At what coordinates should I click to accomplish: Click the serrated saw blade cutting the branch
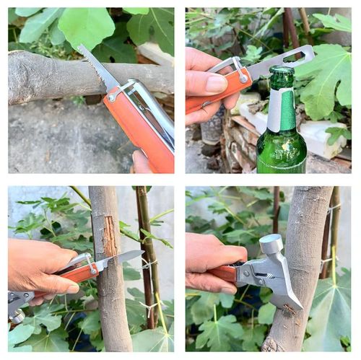(x=98, y=67)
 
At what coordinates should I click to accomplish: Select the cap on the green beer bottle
(x=281, y=74)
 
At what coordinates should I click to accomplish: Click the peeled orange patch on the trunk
(x=110, y=238)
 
